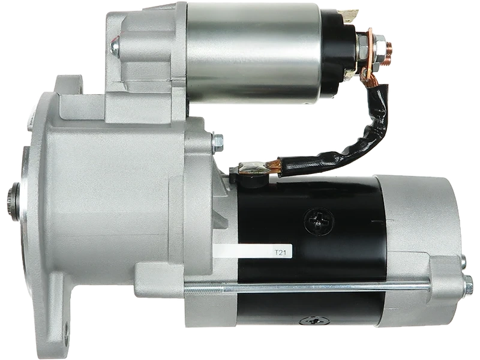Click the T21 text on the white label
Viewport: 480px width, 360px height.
click(x=280, y=253)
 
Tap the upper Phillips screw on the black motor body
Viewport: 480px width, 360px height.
click(x=319, y=220)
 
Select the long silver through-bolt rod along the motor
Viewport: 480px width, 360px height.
click(x=306, y=287)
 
